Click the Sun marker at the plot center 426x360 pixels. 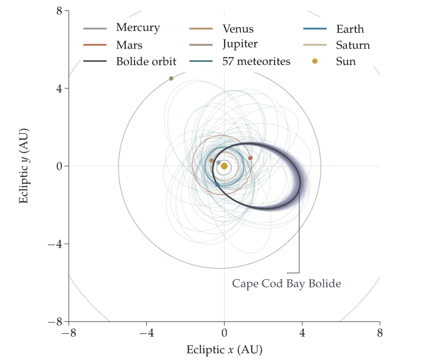pos(224,166)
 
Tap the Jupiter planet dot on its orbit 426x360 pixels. pos(171,78)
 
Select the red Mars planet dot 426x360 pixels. pos(251,158)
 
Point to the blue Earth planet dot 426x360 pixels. pos(217,185)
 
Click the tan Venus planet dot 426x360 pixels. pos(211,161)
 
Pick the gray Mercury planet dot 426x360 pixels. pos(218,162)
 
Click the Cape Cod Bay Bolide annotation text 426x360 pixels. pos(287,284)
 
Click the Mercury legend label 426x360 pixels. pos(138,28)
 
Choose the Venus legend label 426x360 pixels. pos(238,29)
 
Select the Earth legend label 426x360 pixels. pos(350,29)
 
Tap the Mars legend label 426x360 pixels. pos(129,45)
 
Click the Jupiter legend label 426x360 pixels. pos(240,44)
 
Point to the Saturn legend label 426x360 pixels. pos(353,45)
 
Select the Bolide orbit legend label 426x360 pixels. pos(146,61)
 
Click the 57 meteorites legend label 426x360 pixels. pos(256,61)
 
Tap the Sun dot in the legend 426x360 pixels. pos(315,61)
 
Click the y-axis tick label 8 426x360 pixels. pos(59,11)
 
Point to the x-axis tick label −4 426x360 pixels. pos(147,333)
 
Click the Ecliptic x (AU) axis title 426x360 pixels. pos(225,350)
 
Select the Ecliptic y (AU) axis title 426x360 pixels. pos(24,166)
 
